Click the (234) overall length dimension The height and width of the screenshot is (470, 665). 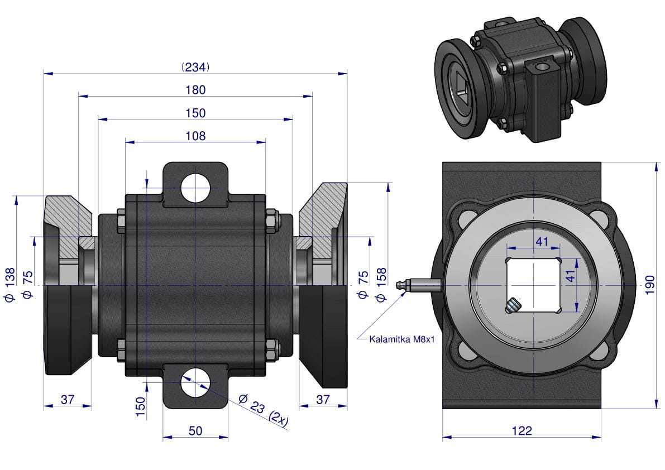click(x=195, y=67)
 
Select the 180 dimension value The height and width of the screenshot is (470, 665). click(x=195, y=90)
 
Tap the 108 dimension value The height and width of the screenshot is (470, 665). click(x=195, y=136)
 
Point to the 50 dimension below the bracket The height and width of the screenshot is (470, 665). click(x=195, y=430)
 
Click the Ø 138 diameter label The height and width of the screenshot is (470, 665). click(x=9, y=285)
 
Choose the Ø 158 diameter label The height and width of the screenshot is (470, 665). click(x=381, y=284)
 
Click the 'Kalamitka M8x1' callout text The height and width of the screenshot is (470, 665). click(x=402, y=339)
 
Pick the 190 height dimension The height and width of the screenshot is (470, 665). click(x=649, y=285)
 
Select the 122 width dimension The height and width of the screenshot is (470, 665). click(x=522, y=430)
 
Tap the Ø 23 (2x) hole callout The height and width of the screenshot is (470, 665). click(x=263, y=409)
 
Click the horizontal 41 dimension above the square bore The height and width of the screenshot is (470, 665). click(x=542, y=242)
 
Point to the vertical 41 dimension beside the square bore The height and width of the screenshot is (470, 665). click(x=571, y=276)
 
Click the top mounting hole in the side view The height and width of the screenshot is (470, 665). click(x=195, y=188)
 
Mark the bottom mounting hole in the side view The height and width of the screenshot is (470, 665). click(x=195, y=382)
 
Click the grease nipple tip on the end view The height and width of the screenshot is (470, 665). click(x=398, y=285)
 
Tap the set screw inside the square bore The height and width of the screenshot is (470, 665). click(x=513, y=305)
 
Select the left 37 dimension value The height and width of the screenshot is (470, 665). click(x=68, y=399)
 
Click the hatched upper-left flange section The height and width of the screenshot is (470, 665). click(x=68, y=220)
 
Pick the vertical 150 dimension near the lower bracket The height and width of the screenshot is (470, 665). click(x=140, y=406)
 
